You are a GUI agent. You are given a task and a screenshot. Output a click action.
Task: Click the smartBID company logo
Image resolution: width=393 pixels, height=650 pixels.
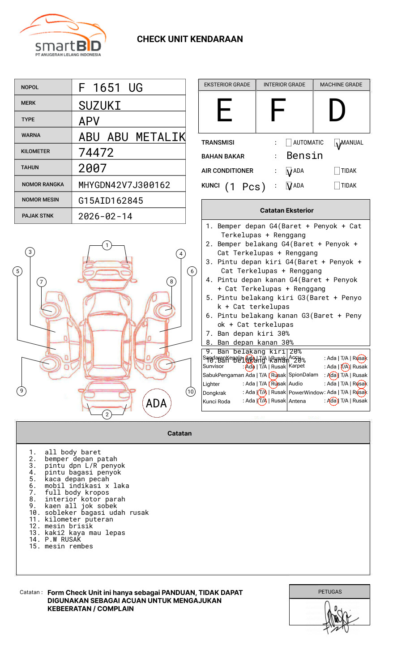tap(63, 37)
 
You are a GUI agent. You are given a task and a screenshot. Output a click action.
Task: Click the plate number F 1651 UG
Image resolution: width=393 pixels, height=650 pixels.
tap(111, 88)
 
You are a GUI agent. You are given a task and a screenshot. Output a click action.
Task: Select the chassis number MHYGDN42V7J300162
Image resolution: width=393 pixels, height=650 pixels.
tap(124, 185)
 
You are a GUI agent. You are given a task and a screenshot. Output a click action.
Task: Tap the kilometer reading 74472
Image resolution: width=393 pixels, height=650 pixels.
tap(96, 153)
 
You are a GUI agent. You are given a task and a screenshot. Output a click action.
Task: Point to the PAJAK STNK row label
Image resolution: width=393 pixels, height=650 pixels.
tap(38, 216)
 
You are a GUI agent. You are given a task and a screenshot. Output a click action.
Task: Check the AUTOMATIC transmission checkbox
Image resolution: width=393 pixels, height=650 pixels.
tap(289, 143)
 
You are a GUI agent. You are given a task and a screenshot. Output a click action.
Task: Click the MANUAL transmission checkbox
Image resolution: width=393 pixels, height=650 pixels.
tap(337, 143)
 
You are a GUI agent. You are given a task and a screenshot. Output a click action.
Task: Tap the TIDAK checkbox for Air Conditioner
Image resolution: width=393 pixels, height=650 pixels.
tap(337, 171)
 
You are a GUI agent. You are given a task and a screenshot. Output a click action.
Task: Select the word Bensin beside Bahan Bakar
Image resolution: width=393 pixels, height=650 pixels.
tap(304, 156)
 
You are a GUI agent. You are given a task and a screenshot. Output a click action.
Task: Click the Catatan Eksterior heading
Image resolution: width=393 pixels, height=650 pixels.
tap(286, 210)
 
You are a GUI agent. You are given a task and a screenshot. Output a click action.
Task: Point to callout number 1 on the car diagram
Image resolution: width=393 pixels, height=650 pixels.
tap(107, 245)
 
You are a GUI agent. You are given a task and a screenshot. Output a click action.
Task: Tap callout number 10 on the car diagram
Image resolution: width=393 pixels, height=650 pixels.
tap(191, 392)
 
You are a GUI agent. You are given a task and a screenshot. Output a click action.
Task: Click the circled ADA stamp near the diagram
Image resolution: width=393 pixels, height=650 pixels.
tap(156, 403)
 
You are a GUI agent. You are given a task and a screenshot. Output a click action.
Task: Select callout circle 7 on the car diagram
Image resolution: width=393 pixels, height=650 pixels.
tap(42, 282)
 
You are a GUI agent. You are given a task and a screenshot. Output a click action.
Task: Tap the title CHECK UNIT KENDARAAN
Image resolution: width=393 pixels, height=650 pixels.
tap(190, 39)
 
